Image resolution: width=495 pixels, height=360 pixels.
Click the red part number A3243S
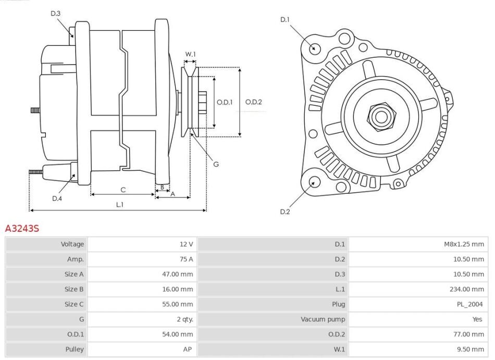22,228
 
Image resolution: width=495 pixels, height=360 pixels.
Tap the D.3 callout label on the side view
56,13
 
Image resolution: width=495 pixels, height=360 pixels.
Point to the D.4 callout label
57,198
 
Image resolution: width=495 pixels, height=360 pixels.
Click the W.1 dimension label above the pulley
190,54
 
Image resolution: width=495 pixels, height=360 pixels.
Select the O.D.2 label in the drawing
254,102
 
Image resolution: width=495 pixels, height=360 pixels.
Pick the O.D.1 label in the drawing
224,102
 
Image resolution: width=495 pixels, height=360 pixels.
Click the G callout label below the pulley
216,164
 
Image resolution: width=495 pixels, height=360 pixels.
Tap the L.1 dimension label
119,204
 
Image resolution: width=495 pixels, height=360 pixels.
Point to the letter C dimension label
123,189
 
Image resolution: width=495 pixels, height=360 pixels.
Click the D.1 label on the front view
284,20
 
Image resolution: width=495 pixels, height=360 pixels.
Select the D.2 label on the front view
284,212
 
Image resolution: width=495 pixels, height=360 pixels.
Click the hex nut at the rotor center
379,116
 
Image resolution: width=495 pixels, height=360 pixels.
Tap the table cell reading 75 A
187,259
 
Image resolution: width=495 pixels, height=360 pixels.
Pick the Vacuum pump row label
323,319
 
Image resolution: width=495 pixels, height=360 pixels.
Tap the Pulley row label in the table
74,350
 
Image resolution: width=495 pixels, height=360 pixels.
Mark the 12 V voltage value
187,244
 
